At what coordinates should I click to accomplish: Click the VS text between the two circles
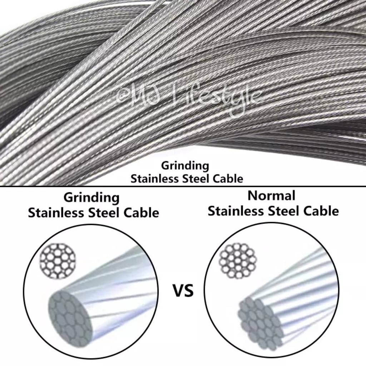tap(183, 291)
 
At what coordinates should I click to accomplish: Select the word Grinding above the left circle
tap(91, 197)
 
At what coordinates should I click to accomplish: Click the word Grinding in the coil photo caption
tap(185, 166)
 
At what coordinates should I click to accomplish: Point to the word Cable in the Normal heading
tap(321, 211)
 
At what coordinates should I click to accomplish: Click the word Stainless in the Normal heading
tap(234, 211)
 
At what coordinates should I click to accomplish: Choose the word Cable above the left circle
tap(141, 213)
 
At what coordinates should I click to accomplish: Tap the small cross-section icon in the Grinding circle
tap(58, 261)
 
